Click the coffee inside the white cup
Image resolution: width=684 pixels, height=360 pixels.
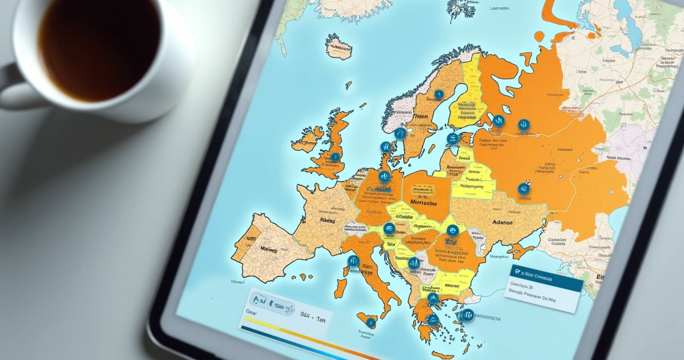tap(99, 48)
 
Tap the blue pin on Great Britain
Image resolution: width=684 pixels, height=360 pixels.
tap(335, 157)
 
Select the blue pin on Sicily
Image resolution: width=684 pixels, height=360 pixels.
tap(371, 322)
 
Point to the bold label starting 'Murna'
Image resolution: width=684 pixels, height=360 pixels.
tap(424, 203)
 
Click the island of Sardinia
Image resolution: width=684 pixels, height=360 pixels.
tap(340, 287)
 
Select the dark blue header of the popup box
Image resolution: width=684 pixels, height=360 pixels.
tap(546, 276)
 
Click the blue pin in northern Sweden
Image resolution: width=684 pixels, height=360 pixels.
tap(439, 94)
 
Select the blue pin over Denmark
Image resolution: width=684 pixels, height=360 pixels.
tap(386, 147)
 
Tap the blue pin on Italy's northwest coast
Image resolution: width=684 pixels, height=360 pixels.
tap(353, 260)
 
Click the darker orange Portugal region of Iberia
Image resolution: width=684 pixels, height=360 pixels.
tap(241, 247)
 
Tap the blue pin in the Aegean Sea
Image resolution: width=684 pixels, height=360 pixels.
tap(467, 315)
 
